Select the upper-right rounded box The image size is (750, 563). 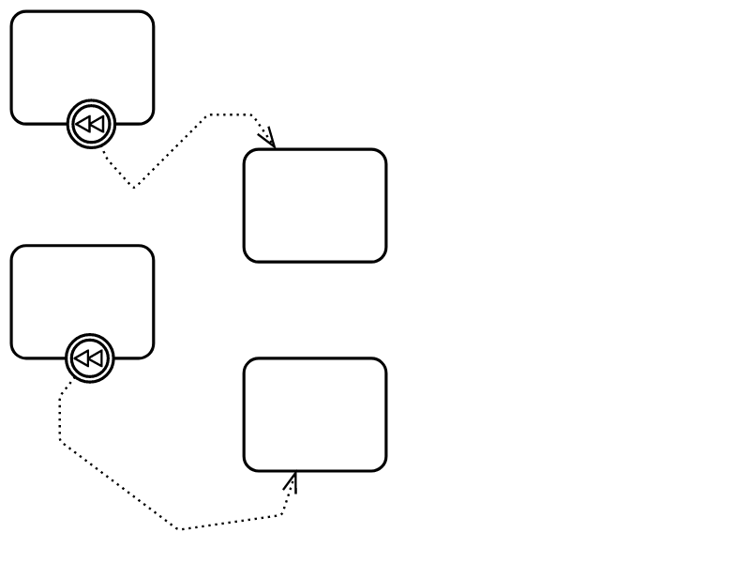pyautogui.click(x=315, y=205)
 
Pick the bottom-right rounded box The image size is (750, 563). pyautogui.click(x=315, y=414)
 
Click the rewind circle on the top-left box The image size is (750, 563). pyautogui.click(x=91, y=124)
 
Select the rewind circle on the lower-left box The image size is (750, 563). pyautogui.click(x=90, y=358)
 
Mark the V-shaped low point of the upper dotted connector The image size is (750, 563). pyautogui.click(x=133, y=188)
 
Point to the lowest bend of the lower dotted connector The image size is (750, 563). pyautogui.click(x=179, y=529)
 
